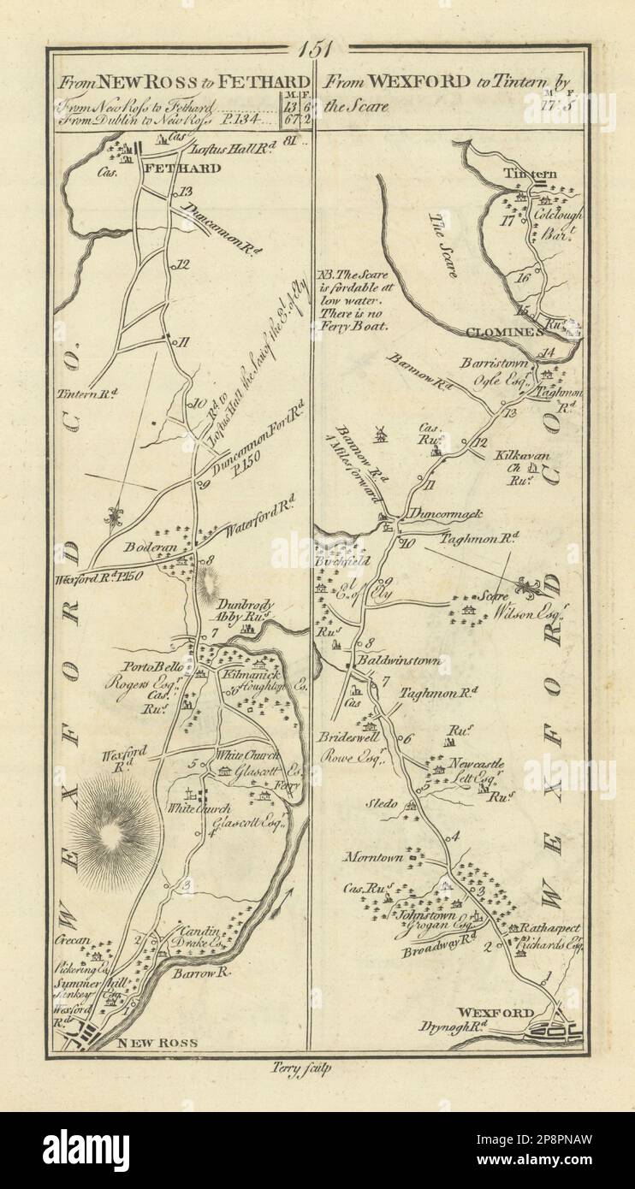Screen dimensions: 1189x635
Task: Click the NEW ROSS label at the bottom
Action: pos(157,1043)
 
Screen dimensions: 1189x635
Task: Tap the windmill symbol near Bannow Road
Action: pos(382,434)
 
